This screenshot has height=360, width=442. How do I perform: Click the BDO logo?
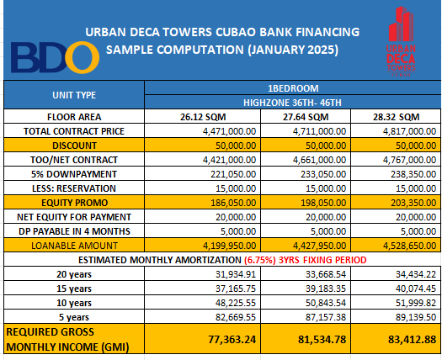(x=55, y=57)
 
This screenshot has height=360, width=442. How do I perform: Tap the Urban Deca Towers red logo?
(x=401, y=41)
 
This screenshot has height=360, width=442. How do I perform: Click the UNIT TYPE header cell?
(x=74, y=95)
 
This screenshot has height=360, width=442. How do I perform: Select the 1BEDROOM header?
(x=293, y=88)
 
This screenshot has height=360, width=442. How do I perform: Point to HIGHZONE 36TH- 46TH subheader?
(x=292, y=103)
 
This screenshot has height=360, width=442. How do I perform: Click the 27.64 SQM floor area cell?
(x=306, y=117)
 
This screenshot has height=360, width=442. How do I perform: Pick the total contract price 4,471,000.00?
(x=230, y=131)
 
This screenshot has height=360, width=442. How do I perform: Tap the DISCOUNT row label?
(x=74, y=146)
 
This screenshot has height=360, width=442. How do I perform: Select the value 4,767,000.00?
(x=409, y=160)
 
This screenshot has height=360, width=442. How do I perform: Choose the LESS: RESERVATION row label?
(x=74, y=188)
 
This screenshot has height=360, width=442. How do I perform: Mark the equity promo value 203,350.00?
(x=413, y=203)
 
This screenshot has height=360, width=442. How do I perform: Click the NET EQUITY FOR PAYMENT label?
(x=74, y=217)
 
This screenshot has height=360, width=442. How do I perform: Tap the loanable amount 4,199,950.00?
(x=230, y=246)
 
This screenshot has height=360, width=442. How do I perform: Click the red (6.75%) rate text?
(x=260, y=260)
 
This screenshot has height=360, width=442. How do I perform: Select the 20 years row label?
(x=74, y=274)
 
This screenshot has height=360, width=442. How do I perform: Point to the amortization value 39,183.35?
(x=326, y=289)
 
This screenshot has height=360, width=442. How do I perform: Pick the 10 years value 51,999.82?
(x=416, y=303)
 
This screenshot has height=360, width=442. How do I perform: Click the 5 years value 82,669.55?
(x=236, y=317)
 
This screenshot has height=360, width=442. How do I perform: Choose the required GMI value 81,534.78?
(x=322, y=339)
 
